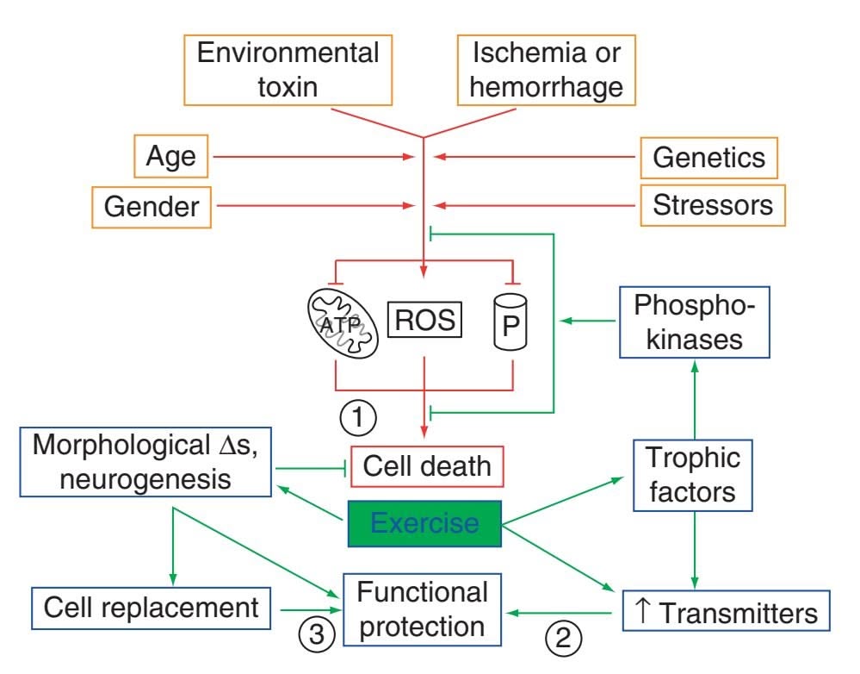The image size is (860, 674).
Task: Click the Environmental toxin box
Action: point(288,72)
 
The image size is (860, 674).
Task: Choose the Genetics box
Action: point(709,158)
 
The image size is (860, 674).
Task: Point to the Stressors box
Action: point(713,207)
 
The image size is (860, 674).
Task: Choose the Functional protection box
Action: point(422,608)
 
